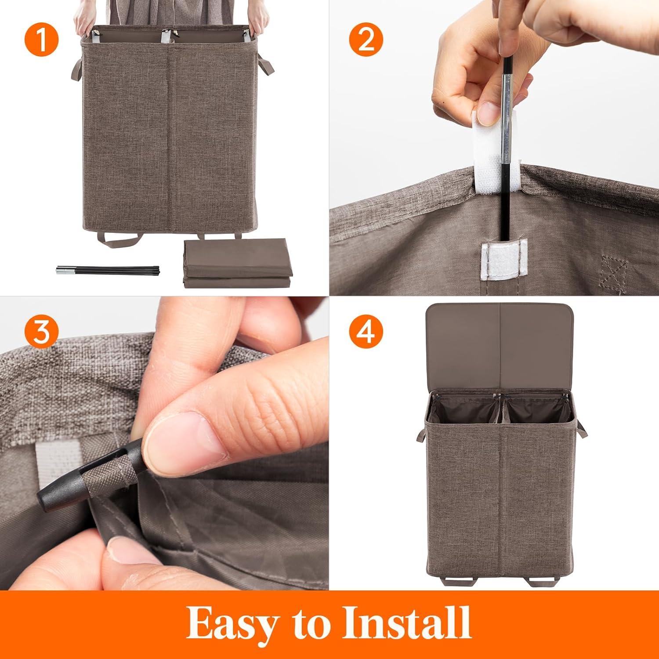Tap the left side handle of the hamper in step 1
click(76, 69)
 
